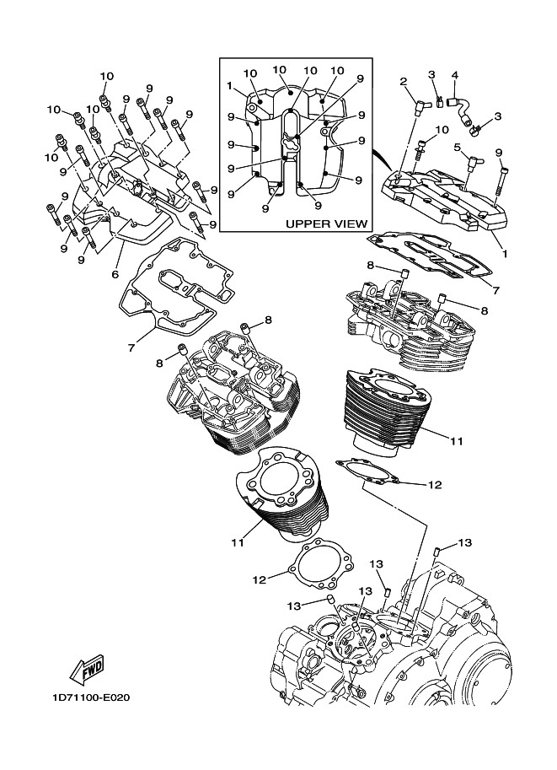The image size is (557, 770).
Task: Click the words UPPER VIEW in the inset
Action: (326, 224)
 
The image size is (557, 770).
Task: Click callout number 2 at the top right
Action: (404, 82)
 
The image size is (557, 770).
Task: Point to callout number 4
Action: (455, 75)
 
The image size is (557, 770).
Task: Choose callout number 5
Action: (457, 148)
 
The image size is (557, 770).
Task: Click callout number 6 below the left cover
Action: (115, 274)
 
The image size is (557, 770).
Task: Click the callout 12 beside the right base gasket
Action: (435, 485)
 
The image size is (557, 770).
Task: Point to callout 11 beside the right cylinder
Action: (457, 441)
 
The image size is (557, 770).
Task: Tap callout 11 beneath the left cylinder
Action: (238, 542)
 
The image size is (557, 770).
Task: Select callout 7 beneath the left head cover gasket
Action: (131, 347)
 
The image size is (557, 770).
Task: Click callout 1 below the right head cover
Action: (505, 254)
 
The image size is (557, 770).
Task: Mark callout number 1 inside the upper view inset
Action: (229, 85)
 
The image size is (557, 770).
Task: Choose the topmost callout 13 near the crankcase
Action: (465, 542)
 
